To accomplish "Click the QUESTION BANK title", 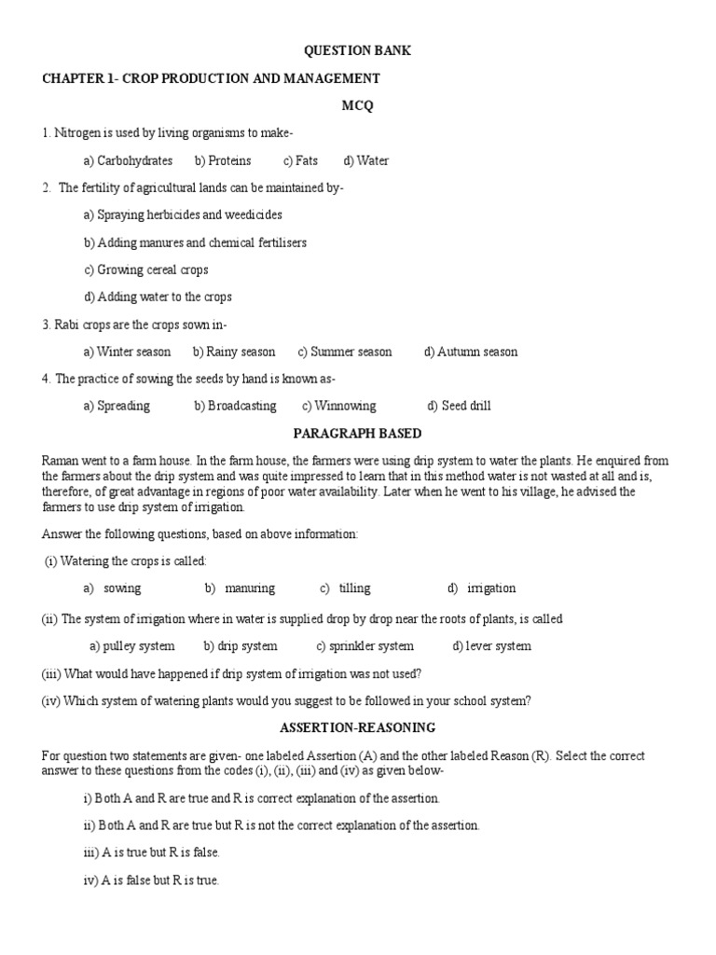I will [x=358, y=50].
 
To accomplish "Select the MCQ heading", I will [x=358, y=105].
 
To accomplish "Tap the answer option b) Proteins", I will [x=223, y=160].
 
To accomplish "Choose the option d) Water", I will [x=366, y=160].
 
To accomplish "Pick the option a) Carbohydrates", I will [x=128, y=160].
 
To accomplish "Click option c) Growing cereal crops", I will [x=145, y=270].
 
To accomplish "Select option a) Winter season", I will [x=127, y=352].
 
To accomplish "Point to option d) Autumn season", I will [x=471, y=352].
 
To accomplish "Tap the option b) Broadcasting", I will [x=235, y=406].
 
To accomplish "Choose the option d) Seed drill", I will [x=459, y=406].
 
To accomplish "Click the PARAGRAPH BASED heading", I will [x=357, y=434].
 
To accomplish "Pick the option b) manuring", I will [x=240, y=588].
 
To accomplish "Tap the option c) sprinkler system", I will [x=365, y=645].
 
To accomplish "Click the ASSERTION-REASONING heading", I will [x=357, y=727].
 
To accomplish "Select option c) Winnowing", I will [x=338, y=406].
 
